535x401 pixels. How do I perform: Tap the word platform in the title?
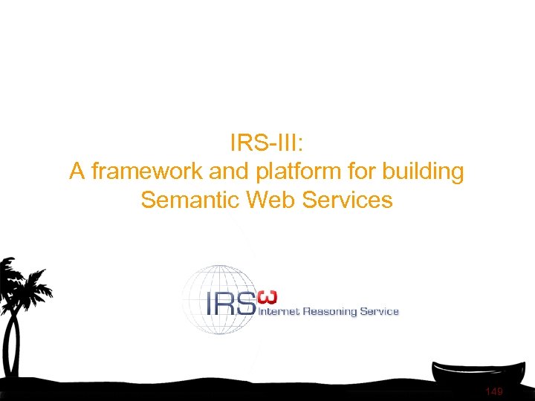pos(290,172)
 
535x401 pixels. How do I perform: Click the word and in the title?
pos(228,172)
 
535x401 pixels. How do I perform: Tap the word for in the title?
pos(355,172)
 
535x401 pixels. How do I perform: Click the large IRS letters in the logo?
pos(229,303)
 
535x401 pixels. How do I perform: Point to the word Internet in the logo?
pos(278,312)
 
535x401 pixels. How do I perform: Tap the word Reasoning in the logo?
pos(328,312)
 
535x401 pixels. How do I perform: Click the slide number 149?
pos(493,391)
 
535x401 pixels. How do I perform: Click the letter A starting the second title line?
pos(77,172)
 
